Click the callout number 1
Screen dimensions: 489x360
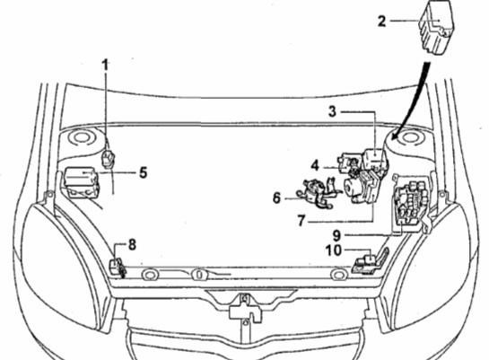105,65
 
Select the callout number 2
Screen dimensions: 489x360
381,22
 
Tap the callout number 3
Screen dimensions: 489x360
333,111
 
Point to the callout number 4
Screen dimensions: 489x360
315,166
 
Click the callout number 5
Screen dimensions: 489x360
144,172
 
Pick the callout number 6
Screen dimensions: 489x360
276,198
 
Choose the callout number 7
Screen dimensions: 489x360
301,221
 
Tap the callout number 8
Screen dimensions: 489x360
132,245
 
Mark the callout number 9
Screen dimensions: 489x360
336,235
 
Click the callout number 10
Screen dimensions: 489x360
334,250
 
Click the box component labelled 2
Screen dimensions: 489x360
436,27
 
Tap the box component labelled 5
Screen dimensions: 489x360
82,182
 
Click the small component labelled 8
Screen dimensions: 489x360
118,268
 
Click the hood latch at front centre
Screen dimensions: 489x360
246,309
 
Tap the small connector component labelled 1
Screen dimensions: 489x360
109,159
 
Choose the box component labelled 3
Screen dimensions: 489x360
375,160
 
